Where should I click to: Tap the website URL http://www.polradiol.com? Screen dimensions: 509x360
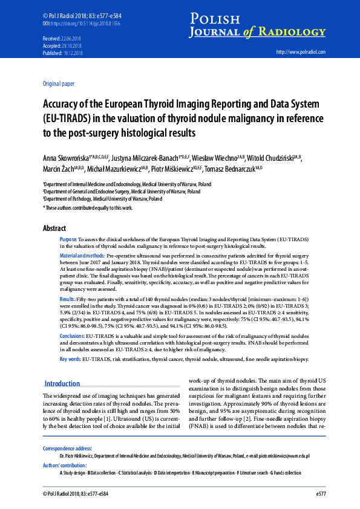tap(300, 53)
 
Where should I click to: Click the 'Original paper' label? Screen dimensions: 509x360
tap(59, 83)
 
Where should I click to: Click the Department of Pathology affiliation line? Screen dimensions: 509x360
tap(102, 198)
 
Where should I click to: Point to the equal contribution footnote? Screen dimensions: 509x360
tap(88, 207)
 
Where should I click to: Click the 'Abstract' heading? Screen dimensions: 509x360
tap(54, 229)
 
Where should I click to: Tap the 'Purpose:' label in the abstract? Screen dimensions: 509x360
tap(68, 240)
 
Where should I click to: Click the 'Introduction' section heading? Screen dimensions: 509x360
tap(62, 383)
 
